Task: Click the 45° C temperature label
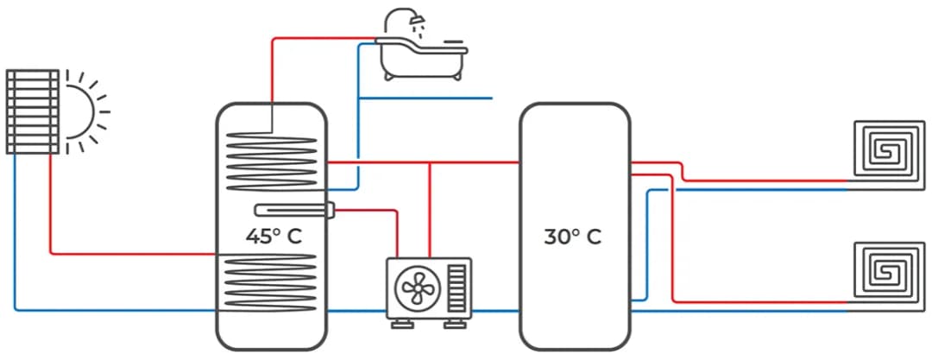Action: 274,236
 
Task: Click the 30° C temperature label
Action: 572,236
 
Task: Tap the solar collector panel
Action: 33,111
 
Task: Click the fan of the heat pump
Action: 416,287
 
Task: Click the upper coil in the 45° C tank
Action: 272,160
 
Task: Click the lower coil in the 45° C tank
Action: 272,280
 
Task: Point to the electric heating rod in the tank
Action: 294,210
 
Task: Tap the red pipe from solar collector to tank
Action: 129,253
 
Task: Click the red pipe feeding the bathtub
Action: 319,38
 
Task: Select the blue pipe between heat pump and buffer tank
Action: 495,311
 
